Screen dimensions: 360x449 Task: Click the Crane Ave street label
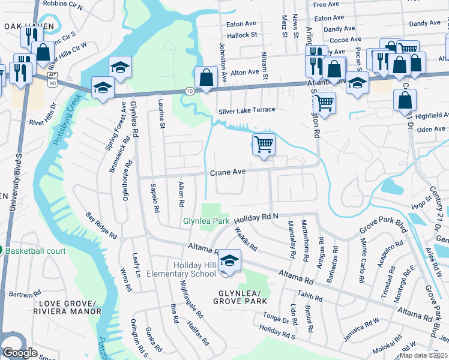point(228,172)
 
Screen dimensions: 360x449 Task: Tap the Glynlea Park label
point(206,221)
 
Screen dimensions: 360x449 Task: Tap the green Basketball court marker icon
point(2,250)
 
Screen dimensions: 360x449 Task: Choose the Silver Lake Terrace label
point(246,110)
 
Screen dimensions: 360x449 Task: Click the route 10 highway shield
point(189,91)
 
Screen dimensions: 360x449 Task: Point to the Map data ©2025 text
point(423,355)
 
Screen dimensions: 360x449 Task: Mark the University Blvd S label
point(11,180)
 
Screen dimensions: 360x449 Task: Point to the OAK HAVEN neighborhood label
point(29,26)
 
